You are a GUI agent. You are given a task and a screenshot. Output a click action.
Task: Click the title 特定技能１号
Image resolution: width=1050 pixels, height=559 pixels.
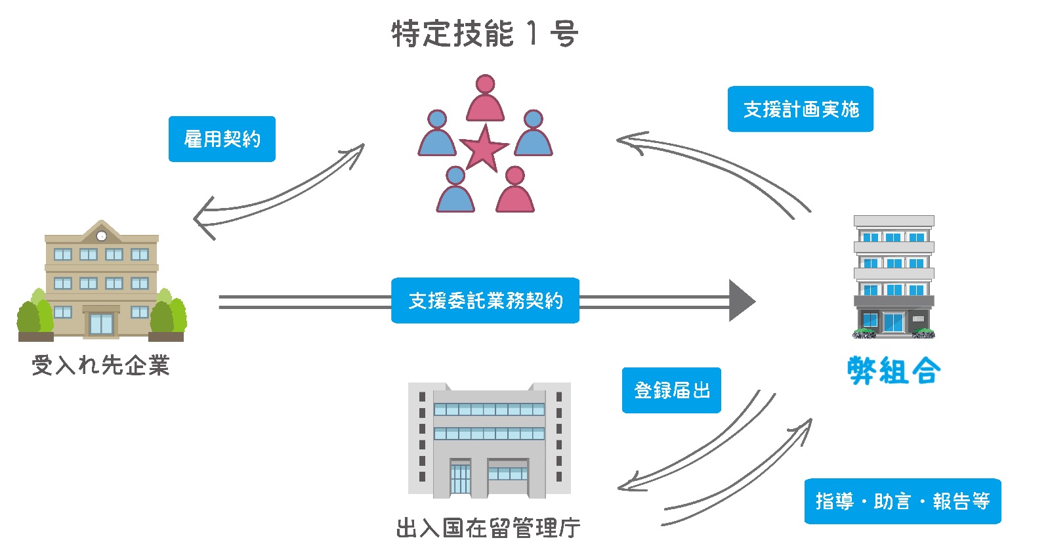click(x=484, y=33)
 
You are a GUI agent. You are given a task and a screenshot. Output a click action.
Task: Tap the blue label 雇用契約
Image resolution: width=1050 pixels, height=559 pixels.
click(x=222, y=139)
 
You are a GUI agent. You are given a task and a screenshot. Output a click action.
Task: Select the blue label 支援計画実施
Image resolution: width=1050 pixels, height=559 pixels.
click(x=800, y=109)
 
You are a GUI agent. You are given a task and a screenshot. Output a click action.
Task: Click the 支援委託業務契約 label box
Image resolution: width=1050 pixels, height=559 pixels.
click(x=485, y=300)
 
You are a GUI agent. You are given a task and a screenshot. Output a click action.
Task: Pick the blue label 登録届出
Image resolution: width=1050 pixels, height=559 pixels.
click(x=671, y=390)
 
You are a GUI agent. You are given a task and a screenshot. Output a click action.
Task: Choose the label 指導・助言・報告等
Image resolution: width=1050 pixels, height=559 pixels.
click(x=902, y=501)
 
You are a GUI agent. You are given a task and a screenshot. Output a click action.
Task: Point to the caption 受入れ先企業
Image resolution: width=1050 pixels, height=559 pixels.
click(x=100, y=365)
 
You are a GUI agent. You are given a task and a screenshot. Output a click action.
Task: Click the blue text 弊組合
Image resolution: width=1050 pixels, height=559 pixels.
click(x=894, y=371)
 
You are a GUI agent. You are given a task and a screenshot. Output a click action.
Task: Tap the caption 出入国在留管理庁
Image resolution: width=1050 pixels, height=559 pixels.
click(x=488, y=528)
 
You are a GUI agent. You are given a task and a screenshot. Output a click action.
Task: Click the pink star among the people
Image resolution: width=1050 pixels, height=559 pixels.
click(x=484, y=148)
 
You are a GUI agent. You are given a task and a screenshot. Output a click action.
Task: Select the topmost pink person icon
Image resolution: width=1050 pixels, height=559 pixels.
click(x=485, y=99)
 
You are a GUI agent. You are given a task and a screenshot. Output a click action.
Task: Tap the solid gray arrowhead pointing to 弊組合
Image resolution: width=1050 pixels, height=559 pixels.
click(x=742, y=301)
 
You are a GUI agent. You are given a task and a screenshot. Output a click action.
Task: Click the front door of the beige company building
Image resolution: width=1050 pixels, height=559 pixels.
click(x=101, y=323)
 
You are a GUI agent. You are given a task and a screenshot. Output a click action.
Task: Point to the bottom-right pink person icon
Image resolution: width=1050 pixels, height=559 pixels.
click(x=515, y=191)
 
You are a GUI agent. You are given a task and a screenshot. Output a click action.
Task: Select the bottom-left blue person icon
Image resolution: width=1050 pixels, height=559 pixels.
click(x=455, y=191)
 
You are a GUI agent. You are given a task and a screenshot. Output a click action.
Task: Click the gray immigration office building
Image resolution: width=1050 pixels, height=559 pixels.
click(x=489, y=440)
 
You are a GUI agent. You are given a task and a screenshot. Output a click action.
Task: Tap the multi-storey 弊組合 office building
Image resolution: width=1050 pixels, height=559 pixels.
click(x=893, y=276)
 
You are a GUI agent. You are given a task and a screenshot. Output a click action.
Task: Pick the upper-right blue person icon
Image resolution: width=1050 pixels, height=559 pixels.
click(x=533, y=134)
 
